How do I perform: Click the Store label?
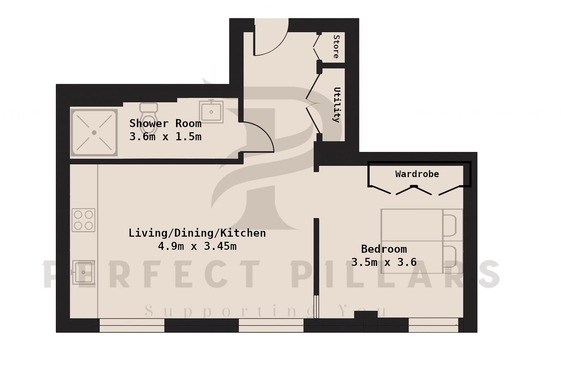point(336,47)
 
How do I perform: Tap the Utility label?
point(337,105)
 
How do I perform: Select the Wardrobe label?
point(417,174)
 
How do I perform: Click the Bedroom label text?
point(384,249)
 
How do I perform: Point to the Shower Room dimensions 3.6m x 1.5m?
point(165,137)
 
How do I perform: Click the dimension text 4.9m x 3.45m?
point(197,246)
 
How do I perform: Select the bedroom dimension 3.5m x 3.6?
point(384,262)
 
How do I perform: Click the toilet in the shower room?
point(149,118)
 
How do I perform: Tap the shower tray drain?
point(94,133)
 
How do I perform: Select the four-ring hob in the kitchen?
point(83,220)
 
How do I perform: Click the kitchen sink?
point(83,272)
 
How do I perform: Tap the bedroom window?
point(433,325)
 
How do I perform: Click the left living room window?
point(132,325)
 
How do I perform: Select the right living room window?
point(271,325)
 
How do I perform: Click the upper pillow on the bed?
point(450,225)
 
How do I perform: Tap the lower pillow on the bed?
point(450,257)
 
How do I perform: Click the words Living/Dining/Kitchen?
point(197,233)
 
